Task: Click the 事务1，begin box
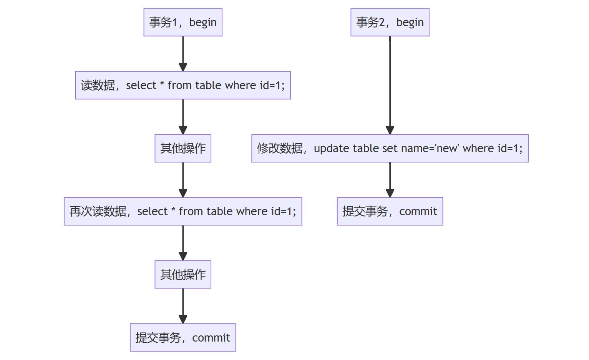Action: click(183, 22)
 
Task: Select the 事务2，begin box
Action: click(390, 22)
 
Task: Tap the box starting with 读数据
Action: click(183, 85)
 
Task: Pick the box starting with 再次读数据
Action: click(183, 211)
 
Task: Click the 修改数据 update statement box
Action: click(390, 148)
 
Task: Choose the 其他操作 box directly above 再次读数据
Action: click(183, 148)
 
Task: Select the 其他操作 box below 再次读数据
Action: click(183, 275)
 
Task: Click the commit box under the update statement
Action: click(390, 211)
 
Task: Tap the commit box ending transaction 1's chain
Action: click(183, 338)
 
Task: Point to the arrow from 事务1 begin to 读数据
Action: click(183, 54)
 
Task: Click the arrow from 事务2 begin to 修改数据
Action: click(390, 85)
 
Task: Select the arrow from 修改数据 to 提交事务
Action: click(390, 180)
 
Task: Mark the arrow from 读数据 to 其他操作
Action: click(183, 117)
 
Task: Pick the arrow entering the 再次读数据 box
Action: click(183, 180)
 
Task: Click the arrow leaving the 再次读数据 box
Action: click(183, 243)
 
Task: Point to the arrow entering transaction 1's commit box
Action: click(183, 306)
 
